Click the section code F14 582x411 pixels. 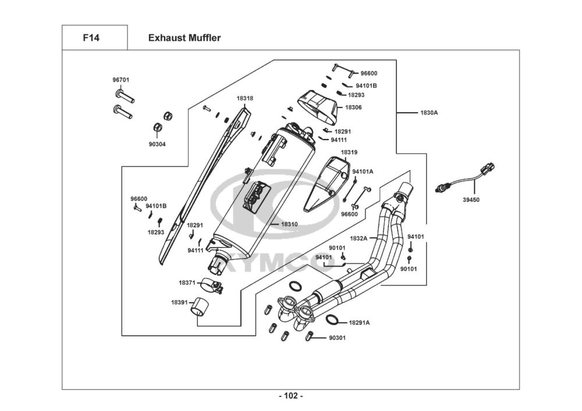(91, 38)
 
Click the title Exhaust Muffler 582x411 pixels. (184, 38)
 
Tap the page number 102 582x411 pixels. (290, 396)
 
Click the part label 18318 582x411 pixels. (244, 98)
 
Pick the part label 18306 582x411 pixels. (353, 108)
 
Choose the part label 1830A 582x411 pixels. (429, 112)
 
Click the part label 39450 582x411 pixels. (471, 199)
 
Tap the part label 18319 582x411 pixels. (349, 152)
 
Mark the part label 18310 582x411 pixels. (289, 224)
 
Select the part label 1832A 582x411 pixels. (359, 238)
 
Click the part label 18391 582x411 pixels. (179, 302)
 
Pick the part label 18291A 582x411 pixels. (360, 322)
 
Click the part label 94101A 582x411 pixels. (363, 171)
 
